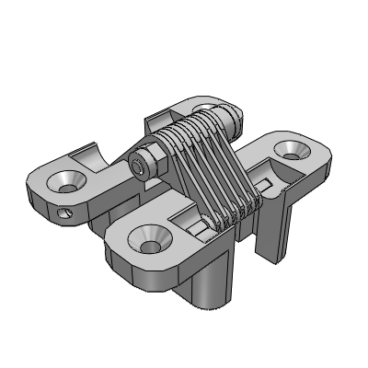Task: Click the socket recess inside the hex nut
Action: [138, 169]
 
